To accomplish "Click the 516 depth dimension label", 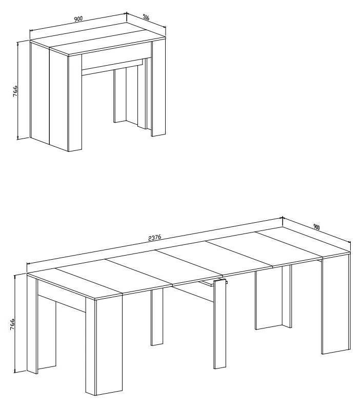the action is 146,17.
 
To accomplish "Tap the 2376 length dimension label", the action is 155,238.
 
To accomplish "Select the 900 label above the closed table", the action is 78,18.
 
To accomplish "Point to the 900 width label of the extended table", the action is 316,227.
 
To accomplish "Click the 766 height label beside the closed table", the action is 15,91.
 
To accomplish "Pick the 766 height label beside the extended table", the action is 12,324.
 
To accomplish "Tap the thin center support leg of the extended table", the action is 219,324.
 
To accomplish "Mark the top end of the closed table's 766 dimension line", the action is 17,42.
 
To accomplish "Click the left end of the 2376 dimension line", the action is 27,264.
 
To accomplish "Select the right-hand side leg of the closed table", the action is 159,88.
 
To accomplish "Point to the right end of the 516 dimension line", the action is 166,28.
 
